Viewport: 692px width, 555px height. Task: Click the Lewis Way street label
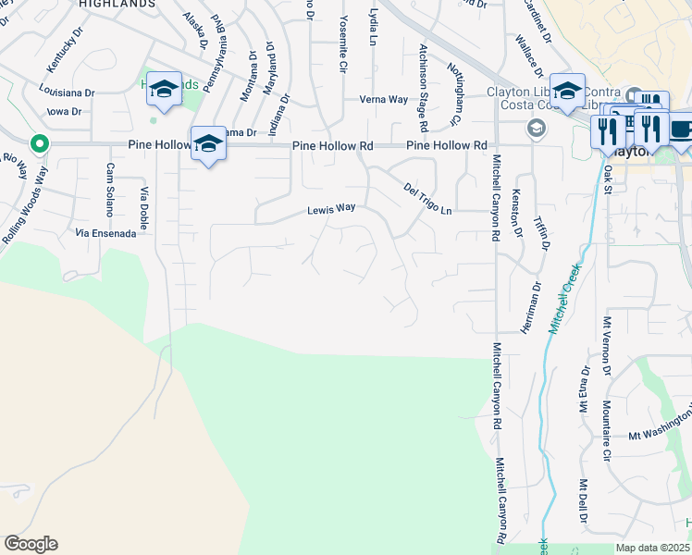tap(331, 210)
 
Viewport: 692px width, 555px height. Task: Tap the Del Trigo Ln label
tap(427, 199)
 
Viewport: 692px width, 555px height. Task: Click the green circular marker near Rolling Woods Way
tap(38, 143)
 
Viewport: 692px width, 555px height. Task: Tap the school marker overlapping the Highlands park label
tap(164, 90)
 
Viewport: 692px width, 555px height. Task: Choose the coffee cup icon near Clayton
tap(683, 129)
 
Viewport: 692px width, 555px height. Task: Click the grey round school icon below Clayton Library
tap(535, 128)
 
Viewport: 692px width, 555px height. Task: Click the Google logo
tap(31, 544)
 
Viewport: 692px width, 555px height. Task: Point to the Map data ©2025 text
tap(653, 548)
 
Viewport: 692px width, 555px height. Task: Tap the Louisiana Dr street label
tap(67, 92)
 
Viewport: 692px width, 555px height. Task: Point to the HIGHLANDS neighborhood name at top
tap(117, 5)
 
